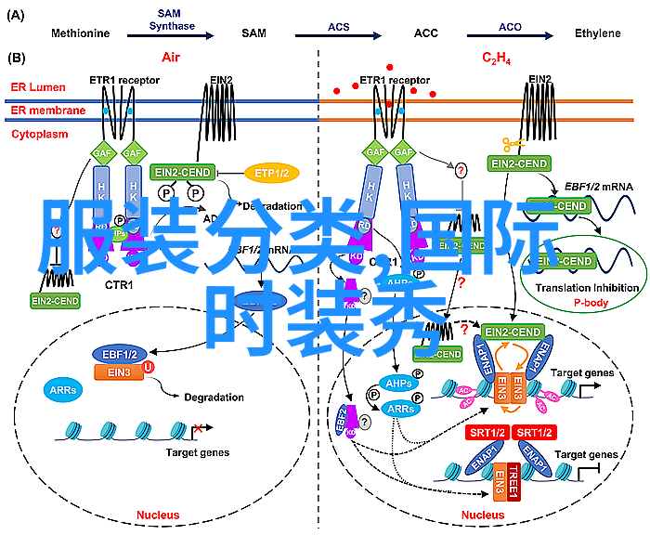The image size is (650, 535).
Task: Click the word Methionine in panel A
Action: [x=81, y=33]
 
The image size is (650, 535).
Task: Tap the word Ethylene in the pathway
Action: [x=597, y=33]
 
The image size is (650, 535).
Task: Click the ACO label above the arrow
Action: [x=509, y=27]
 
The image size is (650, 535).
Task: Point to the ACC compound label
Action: [x=426, y=33]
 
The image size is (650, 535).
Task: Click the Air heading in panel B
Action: [x=170, y=58]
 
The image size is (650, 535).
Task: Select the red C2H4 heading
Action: [x=495, y=59]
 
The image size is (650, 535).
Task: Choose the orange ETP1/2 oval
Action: [x=272, y=173]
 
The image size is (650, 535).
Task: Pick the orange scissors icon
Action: [x=513, y=144]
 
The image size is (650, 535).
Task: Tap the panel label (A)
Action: [x=16, y=14]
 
